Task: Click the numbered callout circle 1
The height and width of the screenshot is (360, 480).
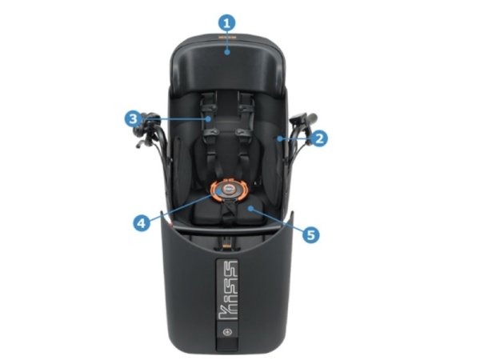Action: (226, 23)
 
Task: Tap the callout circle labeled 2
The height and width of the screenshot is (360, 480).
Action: (318, 138)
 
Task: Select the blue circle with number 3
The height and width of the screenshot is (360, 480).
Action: (133, 118)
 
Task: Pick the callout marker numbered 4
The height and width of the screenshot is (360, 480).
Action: (142, 223)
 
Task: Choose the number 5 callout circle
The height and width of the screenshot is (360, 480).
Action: (310, 234)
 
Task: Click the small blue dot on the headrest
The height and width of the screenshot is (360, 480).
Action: (227, 52)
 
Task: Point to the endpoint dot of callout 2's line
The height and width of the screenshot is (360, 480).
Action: (279, 138)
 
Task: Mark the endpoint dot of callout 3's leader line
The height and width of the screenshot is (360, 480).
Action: (209, 118)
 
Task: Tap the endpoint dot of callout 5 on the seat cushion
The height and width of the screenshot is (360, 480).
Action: (250, 209)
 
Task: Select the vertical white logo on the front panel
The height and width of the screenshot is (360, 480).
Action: (227, 290)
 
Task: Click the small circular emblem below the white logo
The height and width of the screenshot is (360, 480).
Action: (227, 332)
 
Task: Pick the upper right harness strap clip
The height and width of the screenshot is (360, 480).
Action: (246, 107)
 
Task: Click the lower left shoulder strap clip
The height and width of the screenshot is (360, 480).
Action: (210, 133)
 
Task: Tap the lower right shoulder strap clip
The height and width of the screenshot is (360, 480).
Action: (244, 133)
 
